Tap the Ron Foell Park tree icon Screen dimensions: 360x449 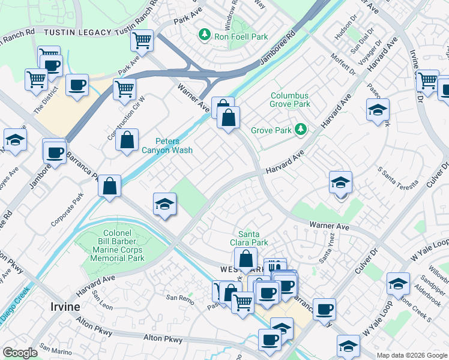point(205,35)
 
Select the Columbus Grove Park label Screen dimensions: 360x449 point(290,100)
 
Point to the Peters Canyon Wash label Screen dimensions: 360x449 point(167,146)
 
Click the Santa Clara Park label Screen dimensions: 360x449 point(253,238)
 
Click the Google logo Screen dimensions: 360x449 point(20,353)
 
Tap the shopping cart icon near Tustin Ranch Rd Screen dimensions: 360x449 point(142,41)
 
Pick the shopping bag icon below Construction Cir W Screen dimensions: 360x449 point(127,141)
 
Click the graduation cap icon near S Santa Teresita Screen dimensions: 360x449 point(340,182)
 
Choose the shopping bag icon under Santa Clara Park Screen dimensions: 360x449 point(246,260)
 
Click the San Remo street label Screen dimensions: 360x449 point(179,298)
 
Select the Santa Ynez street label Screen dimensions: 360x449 point(325,256)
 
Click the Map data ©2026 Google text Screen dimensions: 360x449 point(411,355)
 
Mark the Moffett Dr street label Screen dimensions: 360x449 point(343,65)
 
